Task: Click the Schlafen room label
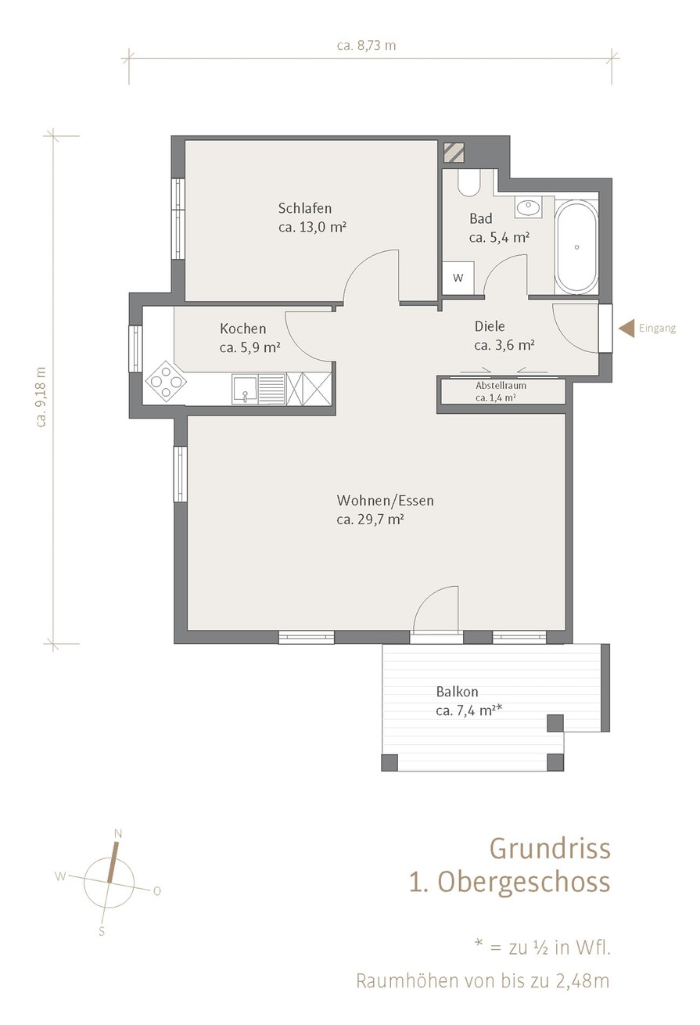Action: pyautogui.click(x=305, y=209)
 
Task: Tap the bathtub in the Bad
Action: pyautogui.click(x=576, y=247)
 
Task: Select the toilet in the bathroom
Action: pyautogui.click(x=468, y=183)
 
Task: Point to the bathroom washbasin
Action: pyautogui.click(x=528, y=207)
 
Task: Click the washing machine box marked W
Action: pyautogui.click(x=458, y=278)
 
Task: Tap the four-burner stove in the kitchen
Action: pyautogui.click(x=165, y=381)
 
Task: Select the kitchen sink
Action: pyautogui.click(x=245, y=390)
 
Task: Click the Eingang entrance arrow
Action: pyautogui.click(x=626, y=329)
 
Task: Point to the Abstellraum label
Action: pyautogui.click(x=501, y=385)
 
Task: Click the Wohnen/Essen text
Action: pyautogui.click(x=386, y=501)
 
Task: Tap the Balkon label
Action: pyautogui.click(x=457, y=692)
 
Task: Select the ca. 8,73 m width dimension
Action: pyautogui.click(x=366, y=45)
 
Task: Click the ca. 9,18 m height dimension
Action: pyautogui.click(x=41, y=397)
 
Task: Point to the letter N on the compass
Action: pyautogui.click(x=118, y=834)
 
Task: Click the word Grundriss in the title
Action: pyautogui.click(x=550, y=848)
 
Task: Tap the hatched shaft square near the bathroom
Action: pyautogui.click(x=454, y=153)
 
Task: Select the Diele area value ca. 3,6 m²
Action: pyautogui.click(x=504, y=345)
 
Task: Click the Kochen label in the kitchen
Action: pyautogui.click(x=243, y=329)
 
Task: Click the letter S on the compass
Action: pyautogui.click(x=102, y=931)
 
